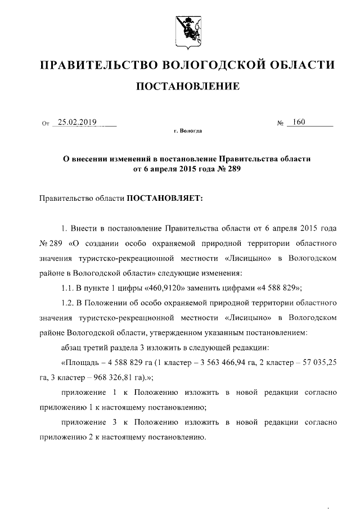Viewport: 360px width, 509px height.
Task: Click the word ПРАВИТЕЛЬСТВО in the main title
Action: point(97,65)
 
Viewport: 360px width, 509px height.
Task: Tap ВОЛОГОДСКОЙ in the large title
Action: point(213,65)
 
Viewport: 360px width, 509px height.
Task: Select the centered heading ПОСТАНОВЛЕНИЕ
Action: point(180,87)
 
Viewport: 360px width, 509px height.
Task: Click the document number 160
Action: point(299,122)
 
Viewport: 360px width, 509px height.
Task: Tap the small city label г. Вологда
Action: point(187,130)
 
